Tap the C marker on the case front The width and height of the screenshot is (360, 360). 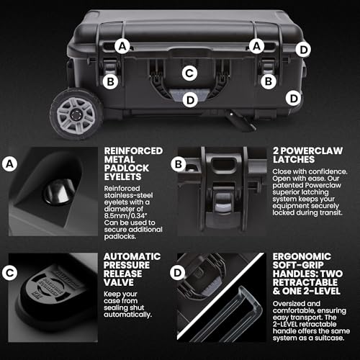pyautogui.click(x=189, y=73)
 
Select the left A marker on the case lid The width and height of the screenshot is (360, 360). pyautogui.click(x=123, y=45)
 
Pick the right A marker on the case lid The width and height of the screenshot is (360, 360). pyautogui.click(x=256, y=45)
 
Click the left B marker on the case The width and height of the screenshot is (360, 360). pyautogui.click(x=110, y=81)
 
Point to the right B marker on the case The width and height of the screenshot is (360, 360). pyautogui.click(x=269, y=81)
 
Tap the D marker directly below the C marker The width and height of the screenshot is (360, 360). pyautogui.click(x=189, y=100)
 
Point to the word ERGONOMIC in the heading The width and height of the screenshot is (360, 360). pyautogui.click(x=294, y=256)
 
